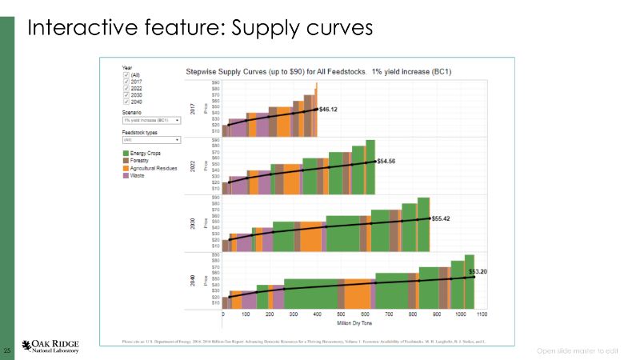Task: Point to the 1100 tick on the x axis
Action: pos(482,316)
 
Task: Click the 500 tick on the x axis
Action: pos(341,316)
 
